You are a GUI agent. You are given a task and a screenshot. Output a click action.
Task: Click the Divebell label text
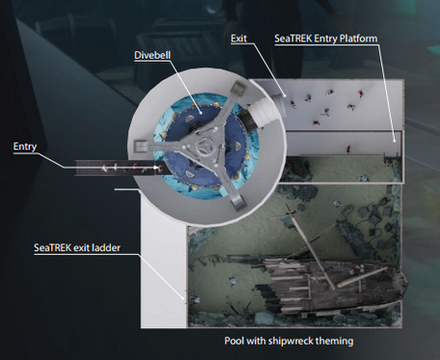152,55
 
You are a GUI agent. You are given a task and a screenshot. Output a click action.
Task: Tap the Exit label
238,39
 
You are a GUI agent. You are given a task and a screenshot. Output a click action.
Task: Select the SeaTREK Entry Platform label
326,39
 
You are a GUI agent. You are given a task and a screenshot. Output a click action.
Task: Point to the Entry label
25,147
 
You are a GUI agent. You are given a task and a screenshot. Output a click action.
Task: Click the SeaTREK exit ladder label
77,248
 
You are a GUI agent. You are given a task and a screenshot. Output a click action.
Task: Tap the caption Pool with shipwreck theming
289,341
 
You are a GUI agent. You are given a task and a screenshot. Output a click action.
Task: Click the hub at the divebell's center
205,147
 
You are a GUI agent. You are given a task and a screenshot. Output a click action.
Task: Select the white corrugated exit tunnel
263,110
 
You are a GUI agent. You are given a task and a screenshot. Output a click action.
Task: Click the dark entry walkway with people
123,168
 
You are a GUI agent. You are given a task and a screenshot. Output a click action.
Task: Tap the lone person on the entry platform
348,150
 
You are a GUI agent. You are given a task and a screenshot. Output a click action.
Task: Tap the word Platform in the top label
357,39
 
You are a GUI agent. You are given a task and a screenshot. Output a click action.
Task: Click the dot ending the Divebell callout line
200,113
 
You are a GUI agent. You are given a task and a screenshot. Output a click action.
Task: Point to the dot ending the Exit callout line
285,95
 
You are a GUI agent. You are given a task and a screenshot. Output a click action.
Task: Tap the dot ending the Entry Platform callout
395,140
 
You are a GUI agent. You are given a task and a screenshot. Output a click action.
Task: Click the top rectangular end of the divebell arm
238,88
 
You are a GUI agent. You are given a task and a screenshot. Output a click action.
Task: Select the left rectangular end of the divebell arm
140,147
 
